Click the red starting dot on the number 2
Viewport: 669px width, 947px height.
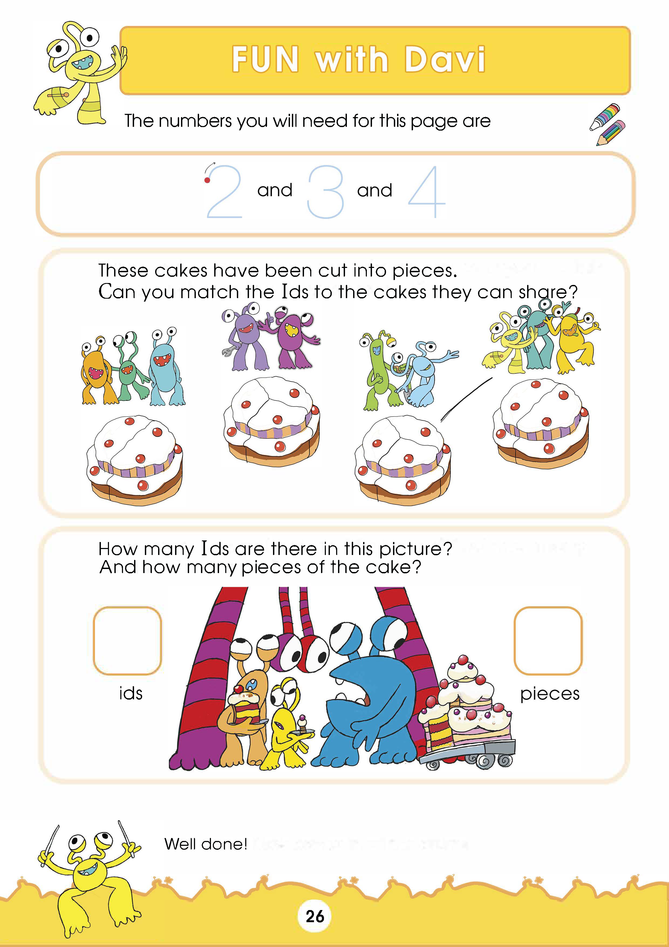pos(207,180)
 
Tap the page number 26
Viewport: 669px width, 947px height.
pos(315,917)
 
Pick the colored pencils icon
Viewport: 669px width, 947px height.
pos(607,124)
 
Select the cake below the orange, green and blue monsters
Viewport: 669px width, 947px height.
pos(134,460)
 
